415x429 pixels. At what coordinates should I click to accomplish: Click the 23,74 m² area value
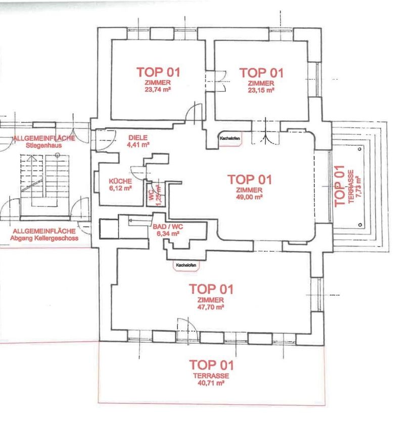(x=158, y=89)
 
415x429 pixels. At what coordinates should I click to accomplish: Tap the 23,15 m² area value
(x=261, y=90)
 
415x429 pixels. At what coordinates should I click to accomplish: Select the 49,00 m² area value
(x=249, y=197)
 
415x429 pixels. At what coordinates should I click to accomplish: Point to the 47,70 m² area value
(x=211, y=307)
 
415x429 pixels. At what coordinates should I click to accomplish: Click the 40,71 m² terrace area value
(x=211, y=383)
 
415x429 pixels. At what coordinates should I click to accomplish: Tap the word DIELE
(x=138, y=138)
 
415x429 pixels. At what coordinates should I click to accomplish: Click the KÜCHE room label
(x=120, y=181)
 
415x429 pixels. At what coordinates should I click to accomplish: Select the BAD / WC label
(x=168, y=227)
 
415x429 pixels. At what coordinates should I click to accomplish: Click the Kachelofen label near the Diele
(x=230, y=138)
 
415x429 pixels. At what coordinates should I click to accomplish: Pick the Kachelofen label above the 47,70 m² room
(x=187, y=265)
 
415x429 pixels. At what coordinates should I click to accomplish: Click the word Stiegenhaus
(x=44, y=145)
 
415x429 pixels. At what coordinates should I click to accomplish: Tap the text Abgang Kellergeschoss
(x=44, y=238)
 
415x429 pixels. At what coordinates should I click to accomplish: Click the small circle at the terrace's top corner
(x=360, y=149)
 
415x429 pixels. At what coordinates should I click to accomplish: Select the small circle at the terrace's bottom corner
(x=360, y=225)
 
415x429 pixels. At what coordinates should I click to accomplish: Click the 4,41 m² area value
(x=138, y=145)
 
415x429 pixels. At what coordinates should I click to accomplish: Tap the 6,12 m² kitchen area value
(x=120, y=188)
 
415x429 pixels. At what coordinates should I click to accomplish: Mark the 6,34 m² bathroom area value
(x=168, y=234)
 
